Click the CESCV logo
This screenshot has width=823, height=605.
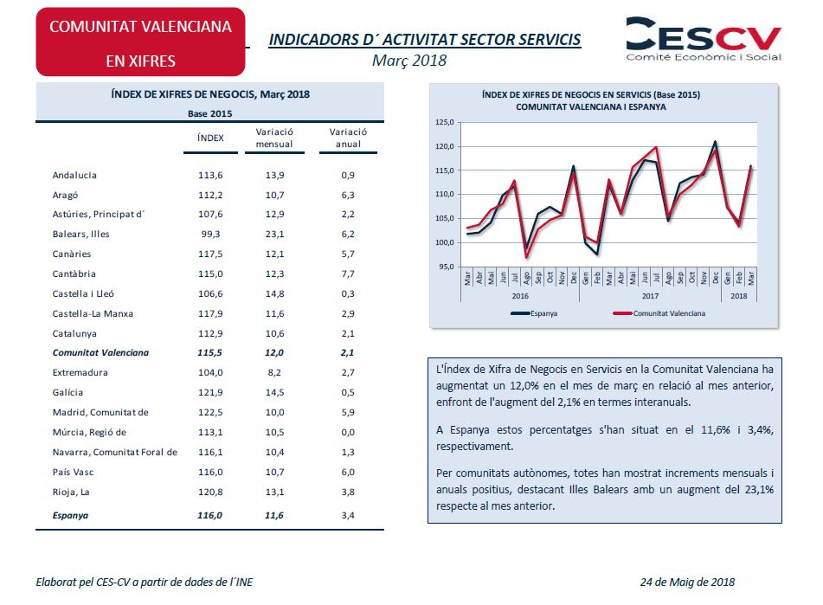703,39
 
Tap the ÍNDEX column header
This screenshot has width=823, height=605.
211,138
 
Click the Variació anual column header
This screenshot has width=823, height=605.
348,138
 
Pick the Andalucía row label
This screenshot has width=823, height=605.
74,175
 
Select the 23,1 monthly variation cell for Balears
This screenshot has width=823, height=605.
274,234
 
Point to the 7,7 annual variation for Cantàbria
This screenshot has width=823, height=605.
348,274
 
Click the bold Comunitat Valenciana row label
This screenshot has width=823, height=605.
100,352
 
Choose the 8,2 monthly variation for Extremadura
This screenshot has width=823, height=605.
274,372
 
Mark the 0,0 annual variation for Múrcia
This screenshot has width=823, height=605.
348,432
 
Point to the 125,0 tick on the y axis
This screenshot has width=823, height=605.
444,123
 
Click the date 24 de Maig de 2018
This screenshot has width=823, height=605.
689,582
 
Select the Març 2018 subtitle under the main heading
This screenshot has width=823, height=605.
409,60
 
